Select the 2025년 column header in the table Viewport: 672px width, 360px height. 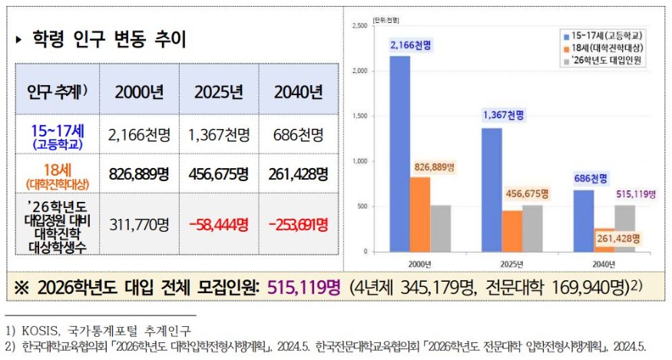click(218, 93)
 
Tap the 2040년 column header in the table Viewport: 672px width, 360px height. click(298, 93)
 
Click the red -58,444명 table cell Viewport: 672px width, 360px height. click(218, 225)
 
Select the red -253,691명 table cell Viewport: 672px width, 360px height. click(298, 225)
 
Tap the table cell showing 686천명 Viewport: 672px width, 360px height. click(298, 135)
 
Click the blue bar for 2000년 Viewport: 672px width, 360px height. click(399, 154)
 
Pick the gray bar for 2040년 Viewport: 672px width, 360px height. click(624, 228)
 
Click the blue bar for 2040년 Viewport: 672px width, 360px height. click(583, 220)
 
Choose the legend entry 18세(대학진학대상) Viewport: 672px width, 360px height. click(605, 48)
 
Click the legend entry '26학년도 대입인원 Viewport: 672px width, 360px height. click(605, 60)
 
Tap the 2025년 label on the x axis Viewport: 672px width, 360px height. click(511, 264)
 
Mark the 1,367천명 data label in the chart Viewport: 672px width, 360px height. click(503, 115)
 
